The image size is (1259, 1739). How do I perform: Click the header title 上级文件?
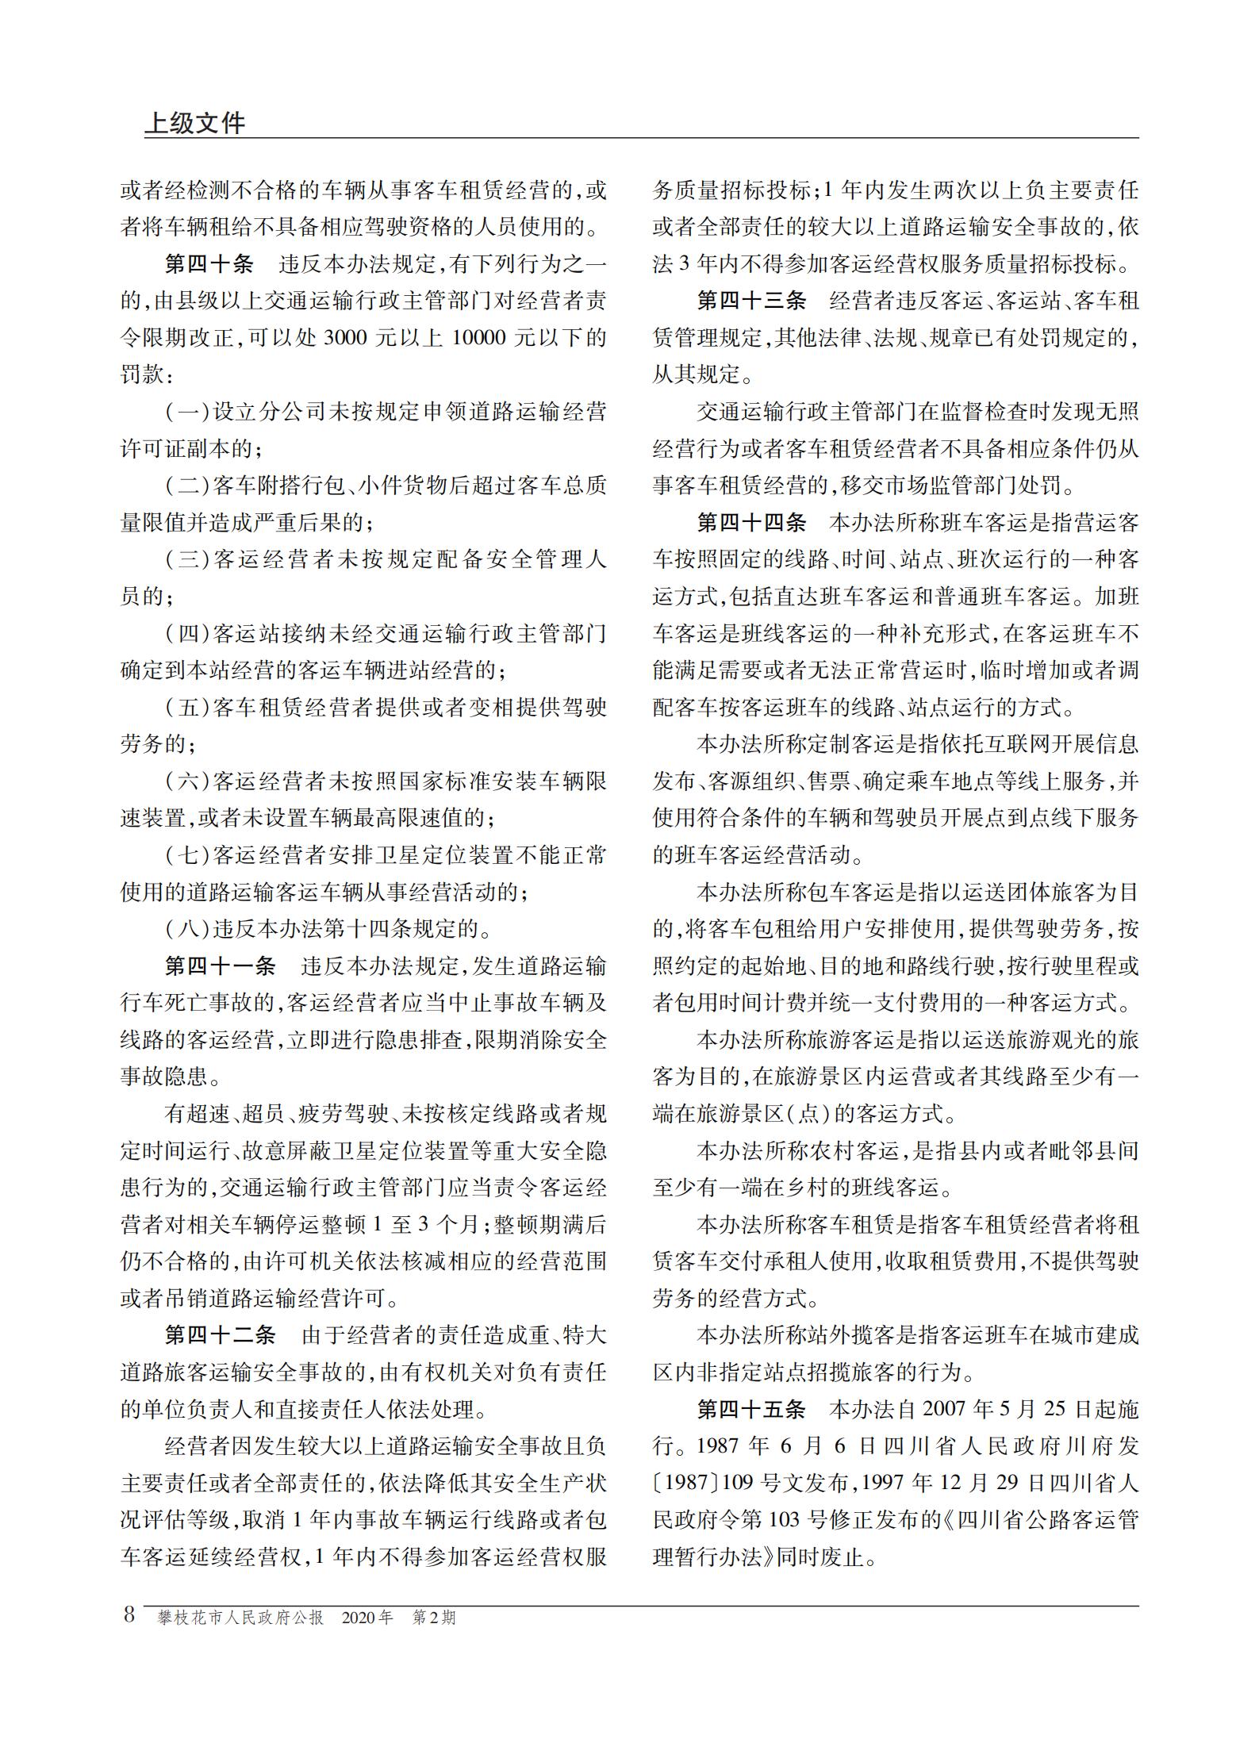click(x=195, y=123)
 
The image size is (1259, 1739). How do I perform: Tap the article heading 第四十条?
click(x=209, y=265)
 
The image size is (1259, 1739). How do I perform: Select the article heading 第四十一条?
click(x=220, y=965)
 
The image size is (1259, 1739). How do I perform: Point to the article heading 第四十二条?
click(x=220, y=1335)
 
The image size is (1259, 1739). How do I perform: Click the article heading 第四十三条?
click(x=751, y=301)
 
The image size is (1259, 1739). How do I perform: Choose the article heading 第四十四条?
click(x=751, y=523)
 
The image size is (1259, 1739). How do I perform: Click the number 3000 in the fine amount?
click(x=347, y=339)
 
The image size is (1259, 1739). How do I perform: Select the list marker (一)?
click(x=187, y=413)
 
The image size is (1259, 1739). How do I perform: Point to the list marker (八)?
click(x=187, y=929)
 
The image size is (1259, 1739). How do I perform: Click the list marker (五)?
click(x=187, y=708)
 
